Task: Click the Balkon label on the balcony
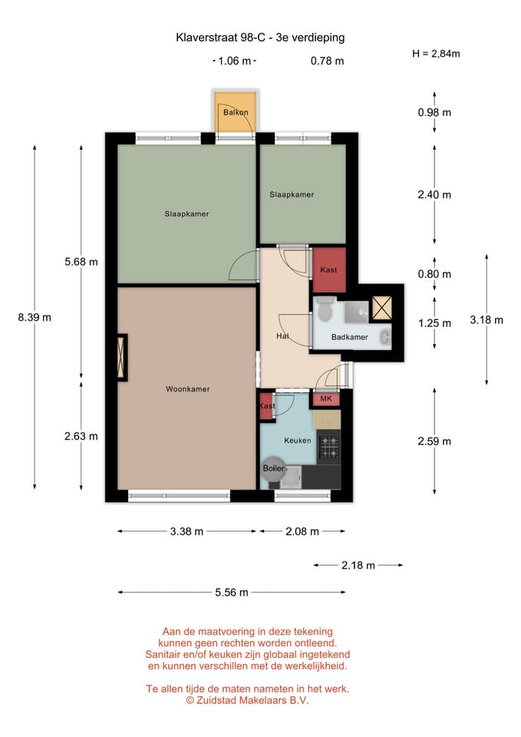pos(236,112)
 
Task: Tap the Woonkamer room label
pos(187,389)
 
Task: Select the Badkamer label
pos(350,337)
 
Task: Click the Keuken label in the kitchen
pos(298,441)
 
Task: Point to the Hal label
pos(282,336)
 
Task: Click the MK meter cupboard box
pos(326,398)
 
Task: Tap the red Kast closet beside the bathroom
pos(329,269)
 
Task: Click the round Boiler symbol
pos(273,468)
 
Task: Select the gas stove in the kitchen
pos(329,447)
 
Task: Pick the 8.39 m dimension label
pos(35,317)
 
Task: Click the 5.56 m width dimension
pos(232,592)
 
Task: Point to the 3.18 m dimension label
pos(486,320)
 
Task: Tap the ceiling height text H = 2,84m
pos(436,54)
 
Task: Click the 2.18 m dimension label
pos(358,565)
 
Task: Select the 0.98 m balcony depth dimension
pos(434,112)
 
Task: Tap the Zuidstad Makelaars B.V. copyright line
pos(247,700)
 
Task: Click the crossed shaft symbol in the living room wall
pos(122,357)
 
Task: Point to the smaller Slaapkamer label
pos(292,194)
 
